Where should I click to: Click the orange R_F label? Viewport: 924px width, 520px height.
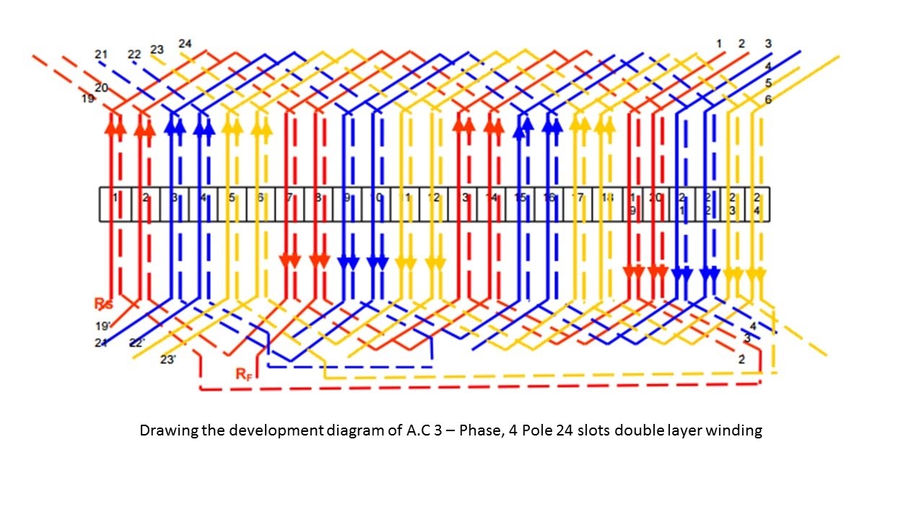[243, 374]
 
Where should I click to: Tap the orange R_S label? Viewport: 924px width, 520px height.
[103, 303]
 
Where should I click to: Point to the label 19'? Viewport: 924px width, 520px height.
[101, 326]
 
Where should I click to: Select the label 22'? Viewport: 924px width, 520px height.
[136, 343]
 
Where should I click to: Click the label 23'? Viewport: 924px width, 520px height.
[167, 360]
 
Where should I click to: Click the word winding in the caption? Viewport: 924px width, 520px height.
[736, 431]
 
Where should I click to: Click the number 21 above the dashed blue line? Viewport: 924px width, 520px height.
[101, 54]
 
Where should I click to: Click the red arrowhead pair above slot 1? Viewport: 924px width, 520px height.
[115, 127]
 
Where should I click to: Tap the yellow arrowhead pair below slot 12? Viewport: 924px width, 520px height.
[436, 263]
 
